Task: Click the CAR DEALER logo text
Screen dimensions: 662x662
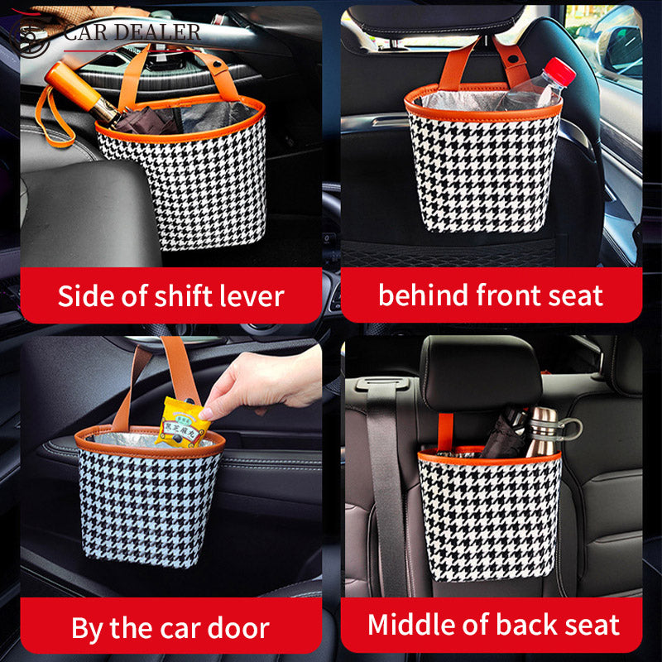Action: click(x=132, y=32)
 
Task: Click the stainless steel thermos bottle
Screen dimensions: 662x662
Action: click(x=543, y=431)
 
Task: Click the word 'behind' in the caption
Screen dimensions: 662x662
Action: click(x=423, y=295)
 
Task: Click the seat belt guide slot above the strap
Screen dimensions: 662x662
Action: click(x=386, y=384)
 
